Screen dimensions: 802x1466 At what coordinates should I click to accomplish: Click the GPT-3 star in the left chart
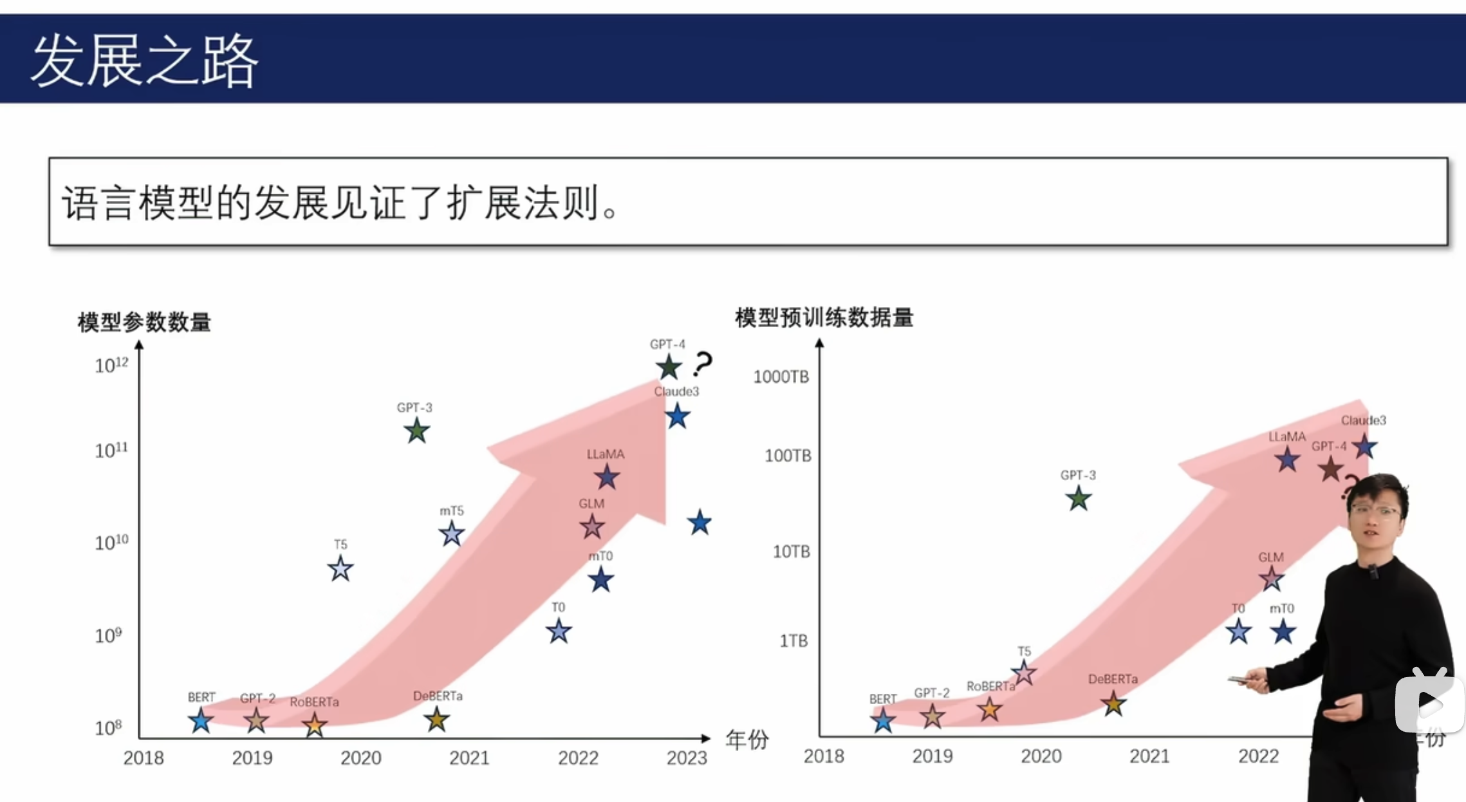[x=417, y=431]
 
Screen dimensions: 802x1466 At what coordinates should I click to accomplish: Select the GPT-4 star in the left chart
[x=669, y=367]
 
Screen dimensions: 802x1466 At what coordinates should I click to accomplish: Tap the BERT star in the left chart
[x=201, y=721]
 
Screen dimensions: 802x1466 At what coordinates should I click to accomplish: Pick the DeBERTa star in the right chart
[x=1113, y=704]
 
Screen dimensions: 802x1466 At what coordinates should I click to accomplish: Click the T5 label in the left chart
[x=340, y=545]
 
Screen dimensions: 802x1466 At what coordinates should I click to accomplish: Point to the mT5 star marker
[x=452, y=534]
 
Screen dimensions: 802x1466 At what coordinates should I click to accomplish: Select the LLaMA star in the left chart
[x=606, y=477]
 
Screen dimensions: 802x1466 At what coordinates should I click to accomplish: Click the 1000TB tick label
[x=781, y=377]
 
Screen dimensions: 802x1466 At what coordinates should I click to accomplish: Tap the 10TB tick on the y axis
[x=791, y=552]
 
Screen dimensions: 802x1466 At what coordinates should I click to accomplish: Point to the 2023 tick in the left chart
[x=687, y=758]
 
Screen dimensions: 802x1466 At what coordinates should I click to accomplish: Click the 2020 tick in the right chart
[x=1041, y=756]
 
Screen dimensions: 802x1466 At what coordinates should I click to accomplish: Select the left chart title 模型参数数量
[x=144, y=322]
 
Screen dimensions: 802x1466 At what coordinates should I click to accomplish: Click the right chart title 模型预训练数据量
[x=824, y=317]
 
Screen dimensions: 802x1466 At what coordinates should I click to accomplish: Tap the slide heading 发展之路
[x=144, y=61]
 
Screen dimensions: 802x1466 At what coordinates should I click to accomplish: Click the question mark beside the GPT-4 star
[x=703, y=364]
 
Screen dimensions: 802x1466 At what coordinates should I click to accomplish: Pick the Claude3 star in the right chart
[x=1364, y=446]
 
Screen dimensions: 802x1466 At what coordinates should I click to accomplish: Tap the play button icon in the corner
[x=1429, y=704]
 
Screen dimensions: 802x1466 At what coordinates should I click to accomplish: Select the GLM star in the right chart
[x=1271, y=579]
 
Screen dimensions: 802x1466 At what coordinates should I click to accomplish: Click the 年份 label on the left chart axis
[x=747, y=740]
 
